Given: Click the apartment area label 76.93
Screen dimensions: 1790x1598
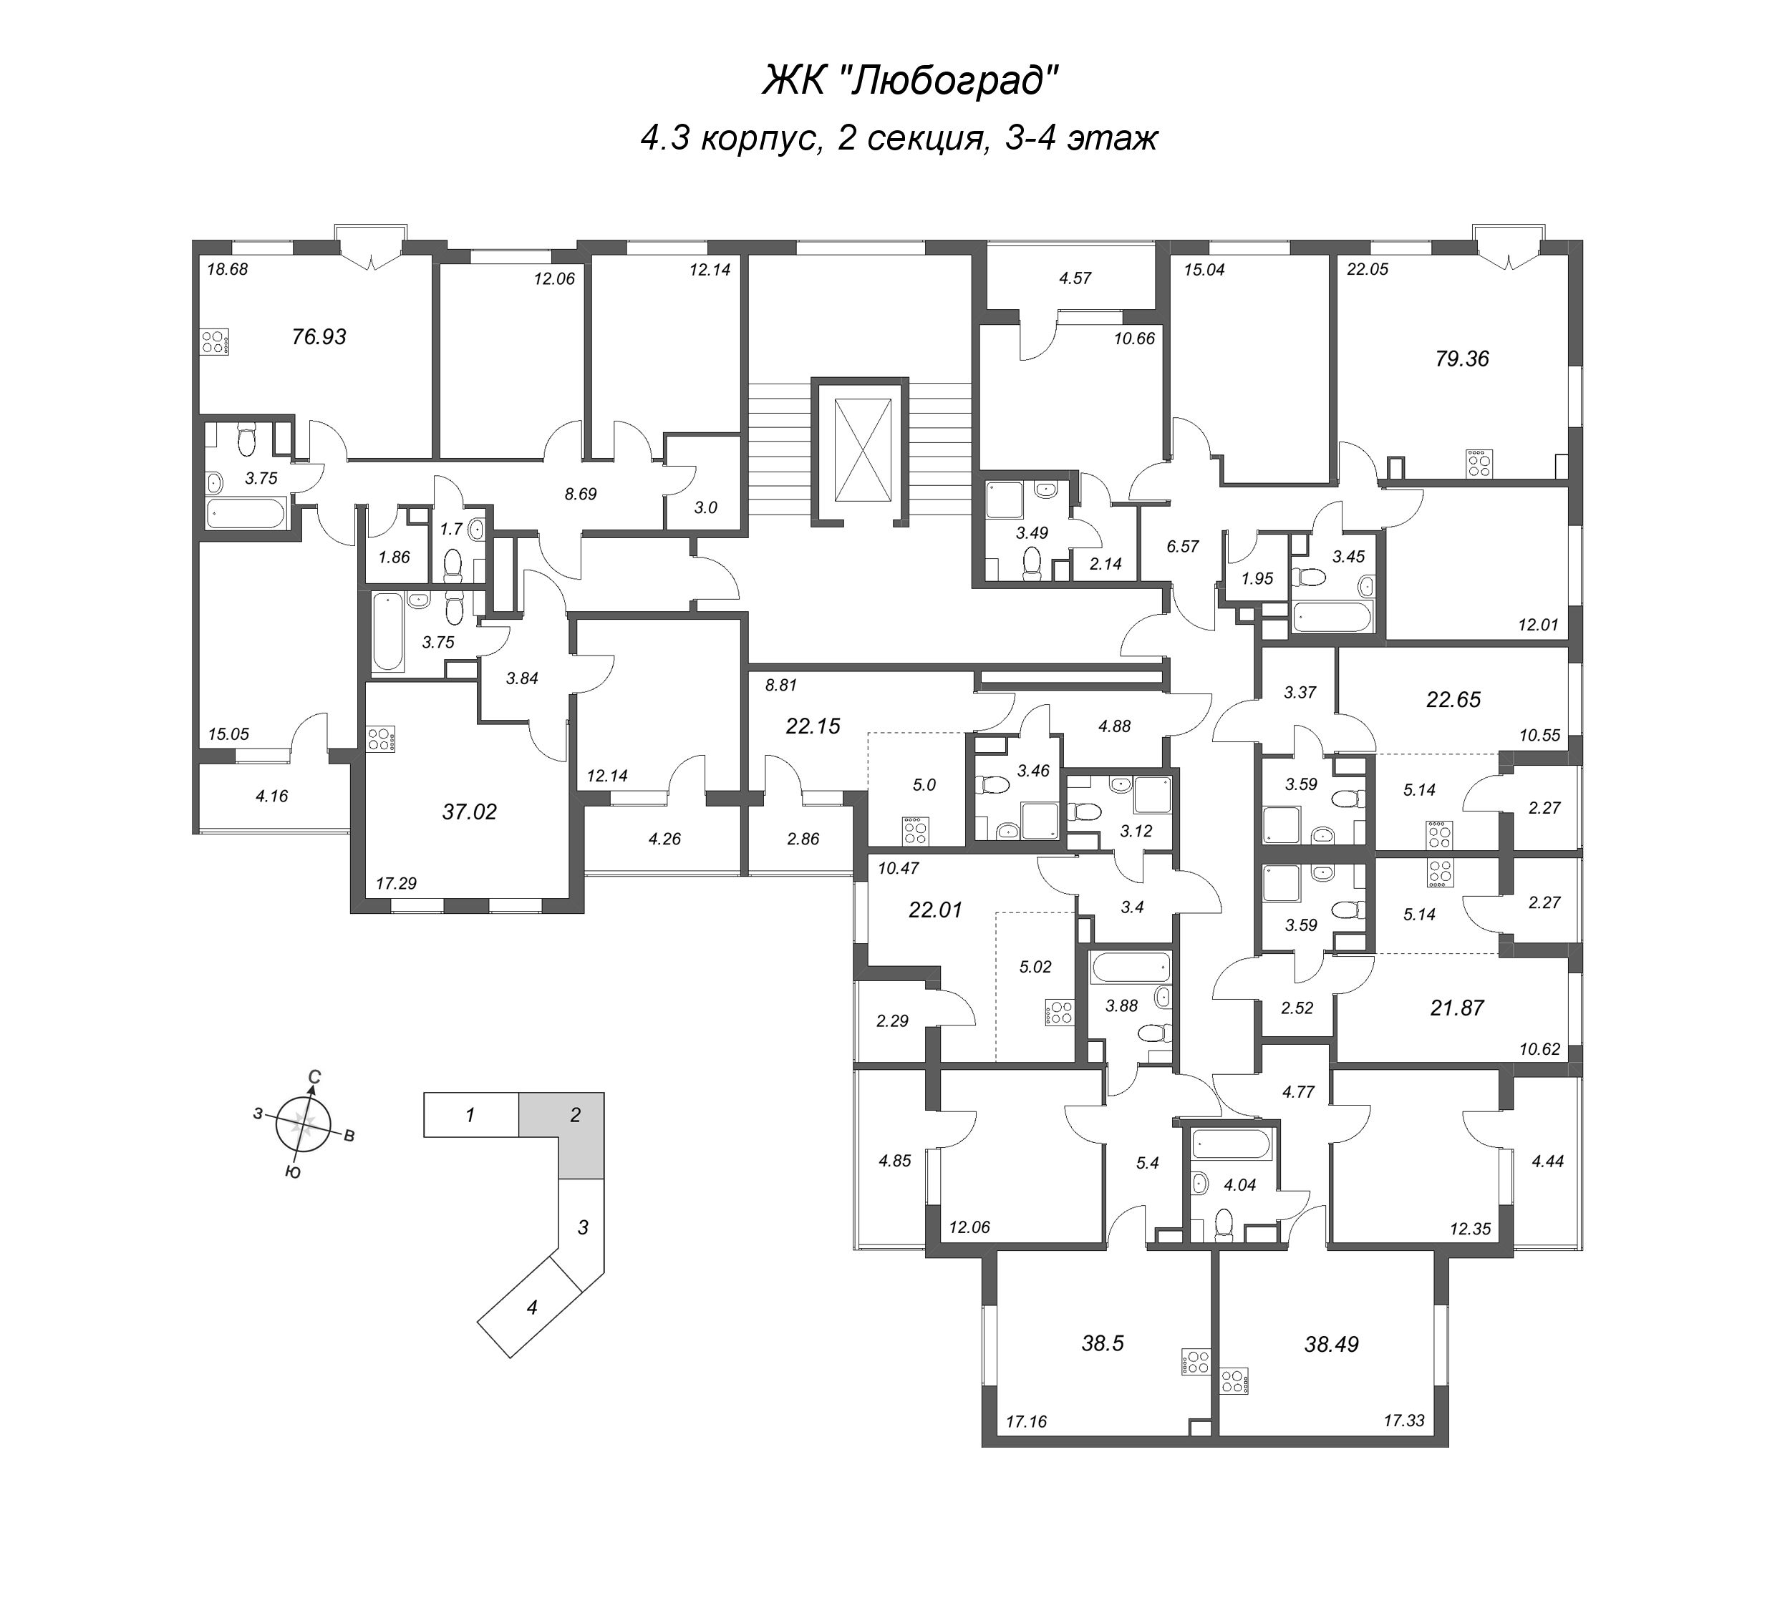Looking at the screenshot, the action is [x=319, y=336].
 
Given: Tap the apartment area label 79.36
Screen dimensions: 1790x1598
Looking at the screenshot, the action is [x=1461, y=359].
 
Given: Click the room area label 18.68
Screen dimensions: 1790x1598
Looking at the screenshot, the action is [x=228, y=270].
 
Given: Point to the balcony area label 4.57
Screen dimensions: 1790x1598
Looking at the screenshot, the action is [x=1075, y=278].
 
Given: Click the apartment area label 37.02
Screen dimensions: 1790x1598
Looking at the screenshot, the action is [x=469, y=812].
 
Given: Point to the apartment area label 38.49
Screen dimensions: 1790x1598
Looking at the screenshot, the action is [x=1332, y=1343].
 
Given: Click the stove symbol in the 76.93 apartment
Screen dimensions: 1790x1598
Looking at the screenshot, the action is [x=214, y=341].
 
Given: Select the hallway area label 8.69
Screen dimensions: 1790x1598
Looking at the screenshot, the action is [x=581, y=494].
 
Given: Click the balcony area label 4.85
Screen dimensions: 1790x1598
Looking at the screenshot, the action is [x=894, y=1160].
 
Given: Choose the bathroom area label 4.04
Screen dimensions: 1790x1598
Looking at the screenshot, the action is [x=1239, y=1184].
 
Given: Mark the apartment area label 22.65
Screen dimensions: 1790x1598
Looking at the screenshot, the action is [x=1453, y=699].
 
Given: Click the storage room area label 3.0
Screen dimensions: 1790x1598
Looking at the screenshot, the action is [x=706, y=507].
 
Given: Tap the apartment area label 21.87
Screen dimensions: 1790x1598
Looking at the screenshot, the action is [x=1457, y=1008].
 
